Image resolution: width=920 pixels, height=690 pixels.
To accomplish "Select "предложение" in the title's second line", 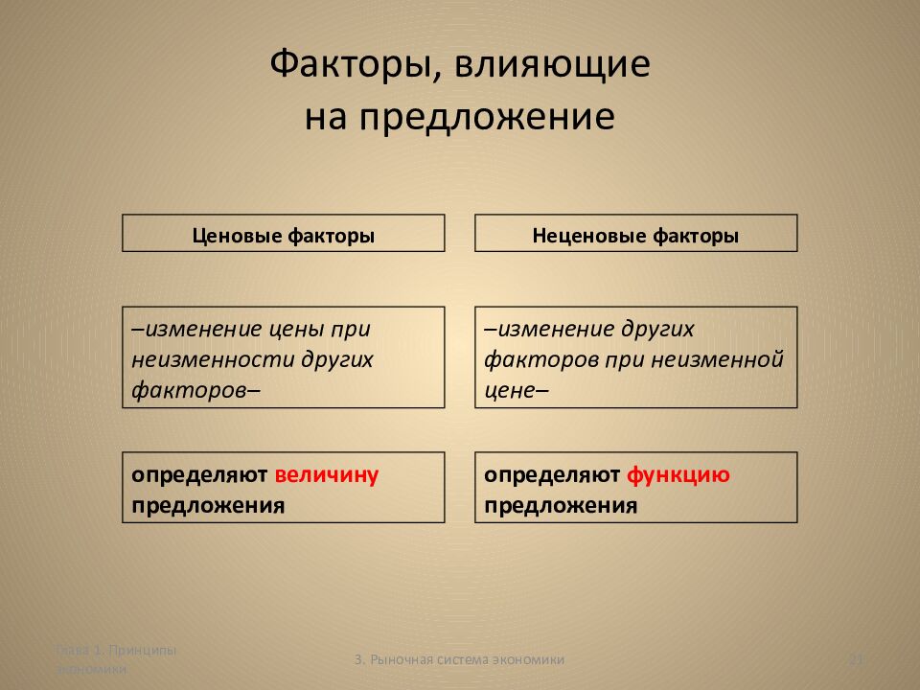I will click(487, 117).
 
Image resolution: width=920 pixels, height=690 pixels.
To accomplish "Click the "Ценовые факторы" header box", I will click(284, 234).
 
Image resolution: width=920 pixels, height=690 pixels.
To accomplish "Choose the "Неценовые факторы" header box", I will click(635, 234).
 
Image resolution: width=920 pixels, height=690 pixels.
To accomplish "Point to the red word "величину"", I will click(327, 475).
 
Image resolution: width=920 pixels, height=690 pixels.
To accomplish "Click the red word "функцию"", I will click(679, 475).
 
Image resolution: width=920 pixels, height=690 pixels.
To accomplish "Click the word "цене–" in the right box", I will click(517, 390).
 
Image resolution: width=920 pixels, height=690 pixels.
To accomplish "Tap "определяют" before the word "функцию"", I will click(552, 475).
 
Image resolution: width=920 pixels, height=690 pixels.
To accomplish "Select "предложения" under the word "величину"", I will click(208, 506).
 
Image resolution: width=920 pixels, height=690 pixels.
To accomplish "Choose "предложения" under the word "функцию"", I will click(561, 506).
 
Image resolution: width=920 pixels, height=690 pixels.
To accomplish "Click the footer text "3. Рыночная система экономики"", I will click(459, 659).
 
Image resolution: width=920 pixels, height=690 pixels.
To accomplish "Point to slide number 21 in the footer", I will click(858, 659).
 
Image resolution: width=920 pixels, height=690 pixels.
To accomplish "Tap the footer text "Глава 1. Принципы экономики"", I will click(115, 659).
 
